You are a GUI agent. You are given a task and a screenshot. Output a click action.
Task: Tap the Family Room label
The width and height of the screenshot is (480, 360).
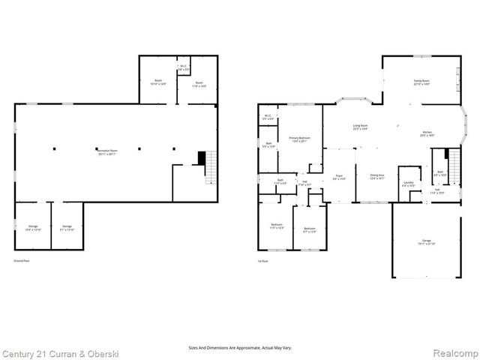click(421, 81)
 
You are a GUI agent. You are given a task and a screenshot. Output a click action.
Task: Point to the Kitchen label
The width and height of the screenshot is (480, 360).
click(427, 133)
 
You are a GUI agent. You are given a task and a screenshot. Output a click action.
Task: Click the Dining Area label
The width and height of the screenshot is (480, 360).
click(377, 176)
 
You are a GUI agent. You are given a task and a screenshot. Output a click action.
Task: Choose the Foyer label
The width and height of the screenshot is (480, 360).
click(339, 176)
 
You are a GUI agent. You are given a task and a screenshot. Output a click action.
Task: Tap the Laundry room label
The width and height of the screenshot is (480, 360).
click(409, 183)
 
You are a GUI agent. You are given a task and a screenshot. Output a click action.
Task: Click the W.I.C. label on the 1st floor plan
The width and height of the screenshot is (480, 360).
click(268, 116)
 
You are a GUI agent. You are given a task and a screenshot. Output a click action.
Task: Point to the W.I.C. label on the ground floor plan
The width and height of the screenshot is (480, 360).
click(183, 67)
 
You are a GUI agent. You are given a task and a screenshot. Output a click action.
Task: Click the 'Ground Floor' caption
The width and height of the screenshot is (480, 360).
click(20, 260)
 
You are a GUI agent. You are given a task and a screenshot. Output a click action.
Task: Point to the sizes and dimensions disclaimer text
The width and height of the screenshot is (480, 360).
click(240, 347)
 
